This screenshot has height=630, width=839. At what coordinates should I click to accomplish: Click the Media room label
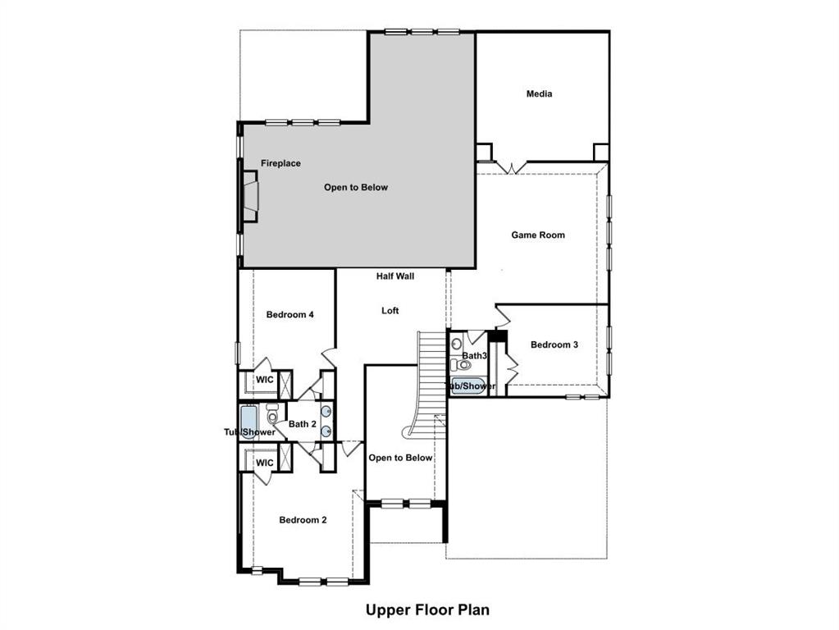(539, 94)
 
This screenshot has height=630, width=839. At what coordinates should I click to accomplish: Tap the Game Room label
(538, 235)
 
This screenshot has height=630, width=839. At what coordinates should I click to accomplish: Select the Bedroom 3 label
(554, 345)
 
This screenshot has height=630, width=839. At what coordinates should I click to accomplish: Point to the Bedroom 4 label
(290, 314)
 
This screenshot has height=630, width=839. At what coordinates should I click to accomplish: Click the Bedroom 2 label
(303, 519)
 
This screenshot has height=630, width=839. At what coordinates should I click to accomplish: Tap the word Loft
(390, 311)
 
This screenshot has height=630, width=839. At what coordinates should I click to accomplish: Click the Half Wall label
(395, 276)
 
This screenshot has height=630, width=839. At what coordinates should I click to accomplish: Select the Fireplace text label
(280, 163)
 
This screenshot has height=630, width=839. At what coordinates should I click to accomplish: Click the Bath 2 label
(302, 424)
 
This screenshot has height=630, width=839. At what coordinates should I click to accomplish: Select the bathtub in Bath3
(467, 386)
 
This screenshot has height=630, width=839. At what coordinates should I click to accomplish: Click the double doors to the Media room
(511, 167)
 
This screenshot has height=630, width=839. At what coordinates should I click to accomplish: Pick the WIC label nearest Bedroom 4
(264, 380)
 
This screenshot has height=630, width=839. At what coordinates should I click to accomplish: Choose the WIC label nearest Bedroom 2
(264, 463)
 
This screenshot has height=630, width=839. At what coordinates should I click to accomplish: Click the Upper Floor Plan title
(427, 609)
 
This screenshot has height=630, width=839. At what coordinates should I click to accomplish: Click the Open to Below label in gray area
(355, 187)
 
